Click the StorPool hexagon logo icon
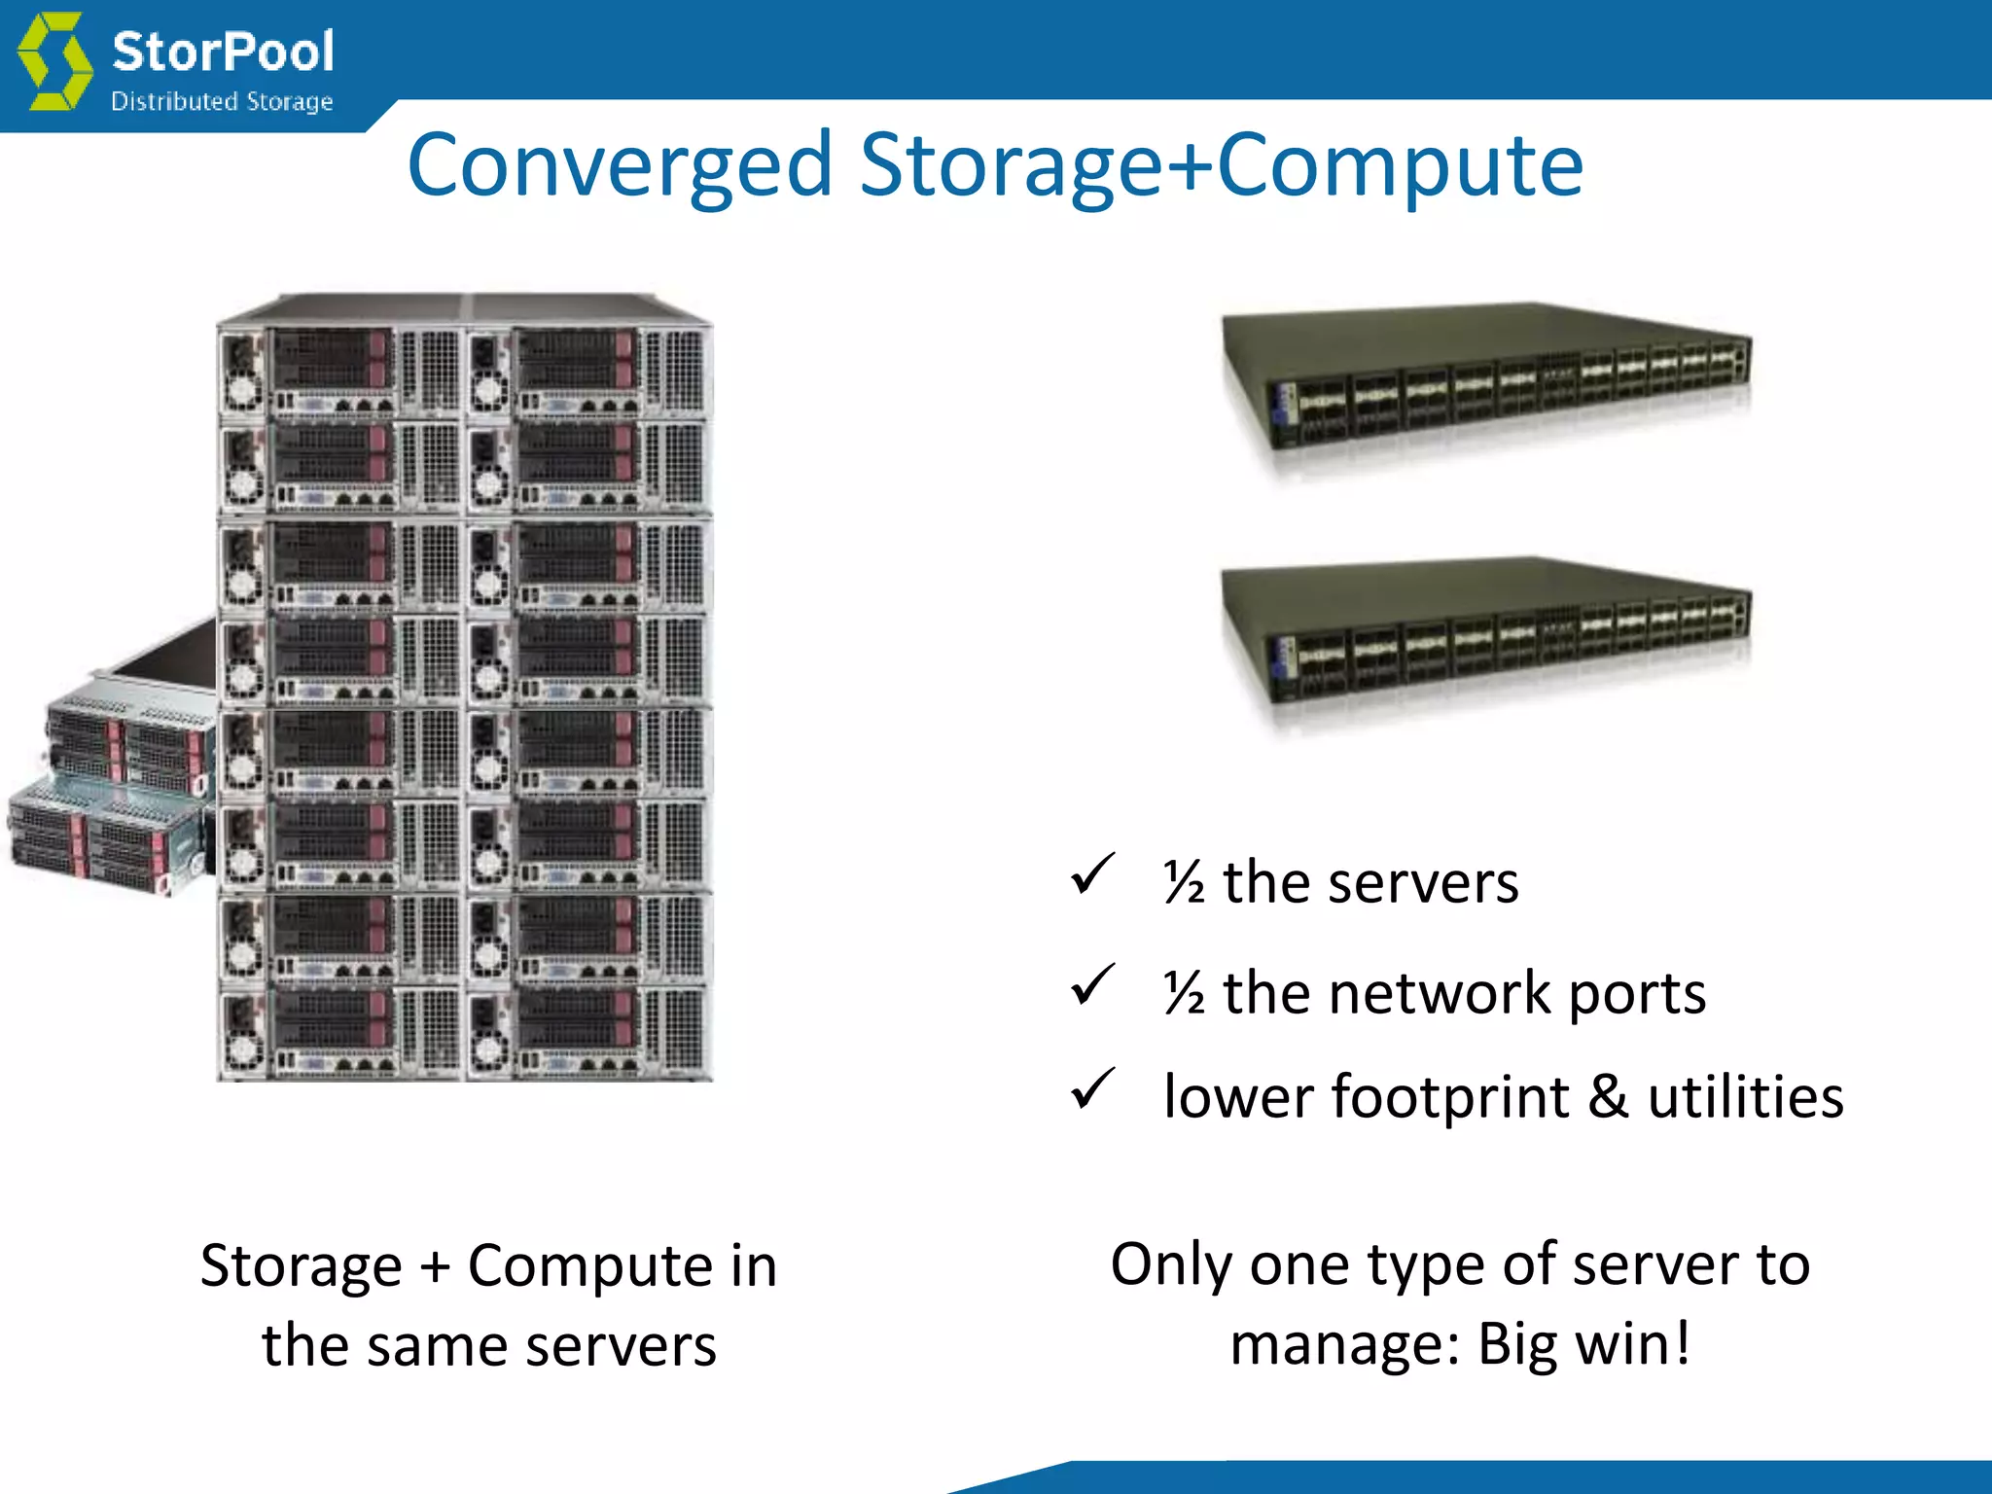55,60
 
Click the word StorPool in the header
223,51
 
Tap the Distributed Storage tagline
222,101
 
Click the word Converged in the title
620,165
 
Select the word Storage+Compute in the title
1221,165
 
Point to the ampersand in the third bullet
1607,1097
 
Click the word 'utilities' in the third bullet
1745,1097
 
